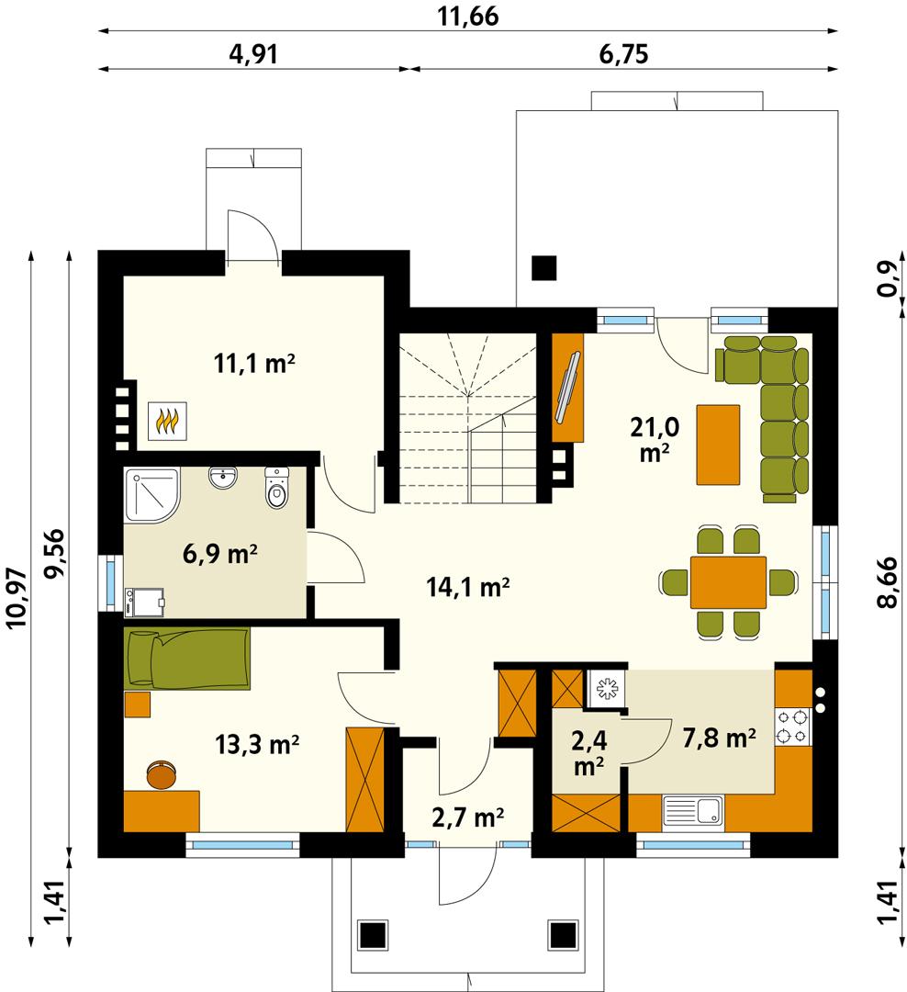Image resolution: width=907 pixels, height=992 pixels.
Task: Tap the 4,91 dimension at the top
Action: pos(252,53)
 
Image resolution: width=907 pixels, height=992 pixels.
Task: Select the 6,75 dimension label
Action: pos(623,53)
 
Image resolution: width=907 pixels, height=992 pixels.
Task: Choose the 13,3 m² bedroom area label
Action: pos(257,743)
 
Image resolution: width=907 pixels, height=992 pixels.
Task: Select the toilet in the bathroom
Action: pos(276,488)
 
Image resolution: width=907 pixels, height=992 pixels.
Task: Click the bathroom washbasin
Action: pos(223,479)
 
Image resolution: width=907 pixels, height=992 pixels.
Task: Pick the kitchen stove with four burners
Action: pos(792,726)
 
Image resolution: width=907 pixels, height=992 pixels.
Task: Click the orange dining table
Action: pos(728,581)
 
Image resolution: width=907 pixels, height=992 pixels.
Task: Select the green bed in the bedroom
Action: pos(188,657)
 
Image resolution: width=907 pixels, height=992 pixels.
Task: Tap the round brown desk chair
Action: pos(162,774)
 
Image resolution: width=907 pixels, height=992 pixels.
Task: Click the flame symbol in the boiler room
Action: pos(167,422)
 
